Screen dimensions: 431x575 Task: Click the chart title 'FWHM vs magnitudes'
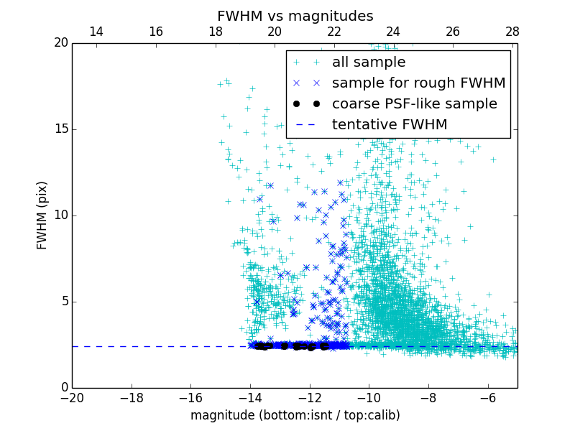(x=295, y=16)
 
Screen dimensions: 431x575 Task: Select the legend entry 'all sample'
(x=368, y=62)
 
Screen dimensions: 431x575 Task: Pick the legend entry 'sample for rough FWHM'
(x=418, y=83)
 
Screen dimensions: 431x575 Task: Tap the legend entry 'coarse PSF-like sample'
(x=414, y=104)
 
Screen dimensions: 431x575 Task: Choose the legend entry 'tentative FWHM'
(x=389, y=125)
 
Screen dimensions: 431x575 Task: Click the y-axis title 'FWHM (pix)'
(x=42, y=215)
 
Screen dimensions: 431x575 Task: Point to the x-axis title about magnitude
(x=295, y=415)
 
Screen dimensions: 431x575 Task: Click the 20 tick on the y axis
(x=60, y=43)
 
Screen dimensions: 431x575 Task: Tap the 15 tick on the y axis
(x=60, y=129)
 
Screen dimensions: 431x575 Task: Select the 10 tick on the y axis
(x=60, y=215)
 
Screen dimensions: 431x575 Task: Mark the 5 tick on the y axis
(x=63, y=302)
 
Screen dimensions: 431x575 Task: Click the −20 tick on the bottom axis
(x=72, y=397)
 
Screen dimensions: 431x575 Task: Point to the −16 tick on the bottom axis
(x=190, y=397)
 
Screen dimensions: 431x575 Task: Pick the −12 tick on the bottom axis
(x=309, y=397)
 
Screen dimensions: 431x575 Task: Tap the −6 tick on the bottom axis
(x=487, y=397)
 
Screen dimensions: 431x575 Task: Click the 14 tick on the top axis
(x=96, y=32)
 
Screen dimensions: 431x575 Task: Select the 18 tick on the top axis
(x=215, y=32)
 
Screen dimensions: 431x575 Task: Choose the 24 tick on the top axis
(x=393, y=32)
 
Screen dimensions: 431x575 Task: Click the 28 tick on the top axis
(x=512, y=32)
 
